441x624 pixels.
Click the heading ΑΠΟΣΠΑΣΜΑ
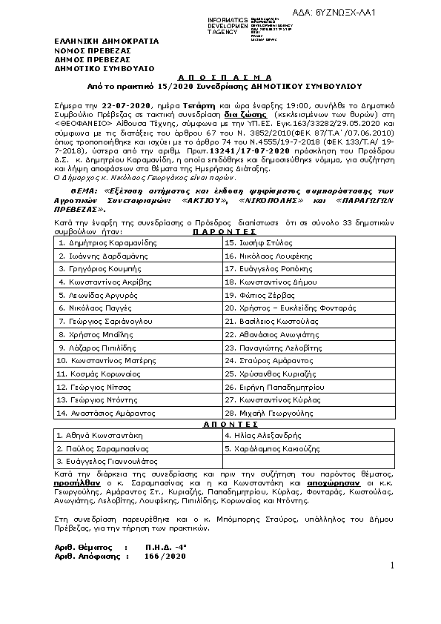pyautogui.click(x=220, y=76)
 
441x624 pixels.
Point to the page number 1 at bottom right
pyautogui.click(x=392, y=566)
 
